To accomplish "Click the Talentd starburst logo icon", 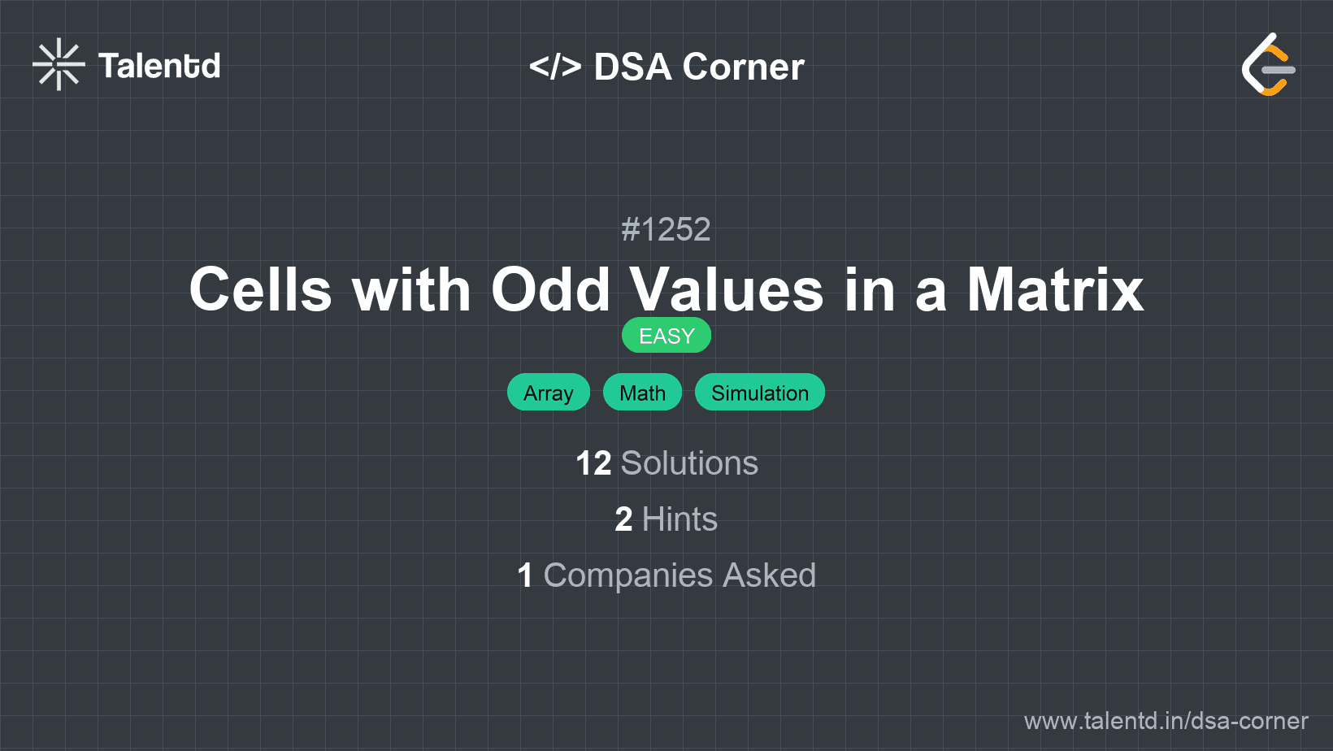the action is (59, 64).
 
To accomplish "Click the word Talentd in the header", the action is (158, 66).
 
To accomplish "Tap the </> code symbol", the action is (554, 66).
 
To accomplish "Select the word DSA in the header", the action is (632, 67).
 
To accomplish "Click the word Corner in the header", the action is (743, 67).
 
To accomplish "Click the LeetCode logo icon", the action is (1268, 65).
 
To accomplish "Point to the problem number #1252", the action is (666, 229).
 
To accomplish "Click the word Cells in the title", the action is (260, 289).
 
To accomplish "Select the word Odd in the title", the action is (550, 289).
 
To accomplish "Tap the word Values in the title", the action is (727, 289).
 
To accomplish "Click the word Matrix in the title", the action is (1054, 289).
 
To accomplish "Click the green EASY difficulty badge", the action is (666, 336).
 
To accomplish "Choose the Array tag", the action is (548, 393).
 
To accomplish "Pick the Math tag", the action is (642, 393).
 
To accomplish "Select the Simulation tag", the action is (759, 393).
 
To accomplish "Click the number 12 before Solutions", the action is (593, 463).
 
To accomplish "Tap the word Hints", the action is (680, 519).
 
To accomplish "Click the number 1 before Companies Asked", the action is (525, 575).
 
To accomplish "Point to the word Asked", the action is (769, 575).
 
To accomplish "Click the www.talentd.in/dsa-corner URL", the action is (1166, 721).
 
